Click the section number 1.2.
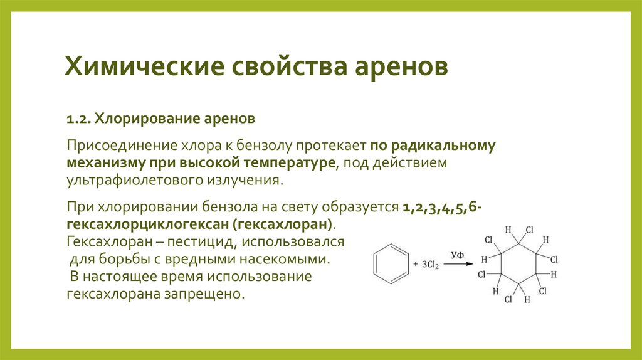(x=79, y=119)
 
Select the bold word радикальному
(x=443, y=146)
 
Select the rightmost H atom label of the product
(x=554, y=274)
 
